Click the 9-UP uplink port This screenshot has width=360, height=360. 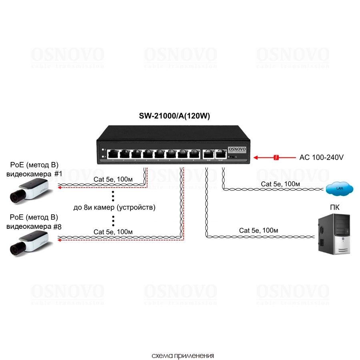pos(208,153)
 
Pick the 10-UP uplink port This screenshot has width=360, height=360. pos(220,153)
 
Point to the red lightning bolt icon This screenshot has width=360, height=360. pos(276,157)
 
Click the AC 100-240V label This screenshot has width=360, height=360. pos(321,157)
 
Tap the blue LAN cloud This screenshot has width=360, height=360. pos(340,188)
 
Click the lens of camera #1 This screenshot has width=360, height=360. pos(16,196)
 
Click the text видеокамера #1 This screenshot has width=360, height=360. pos(34,174)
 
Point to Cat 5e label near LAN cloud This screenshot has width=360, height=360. pos(280,184)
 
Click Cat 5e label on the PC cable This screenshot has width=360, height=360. pos(258,230)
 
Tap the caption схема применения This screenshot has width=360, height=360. pos(183,355)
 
